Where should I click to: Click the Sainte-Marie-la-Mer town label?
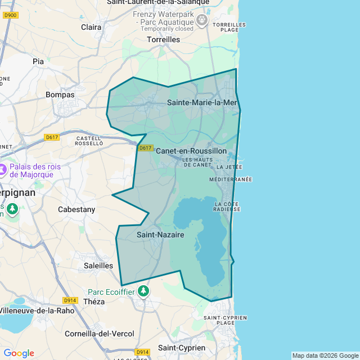tap(202, 102)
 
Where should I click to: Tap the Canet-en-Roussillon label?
tap(191, 151)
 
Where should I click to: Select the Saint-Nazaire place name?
tap(160, 235)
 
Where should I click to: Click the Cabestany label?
tap(76, 209)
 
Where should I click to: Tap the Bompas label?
tap(60, 94)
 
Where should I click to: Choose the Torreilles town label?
tap(163, 40)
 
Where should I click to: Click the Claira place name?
tap(91, 27)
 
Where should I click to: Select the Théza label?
tap(94, 301)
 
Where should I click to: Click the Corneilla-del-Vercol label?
tap(100, 334)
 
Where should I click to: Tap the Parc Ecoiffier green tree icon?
tap(145, 291)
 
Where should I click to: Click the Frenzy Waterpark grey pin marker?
tap(202, 21)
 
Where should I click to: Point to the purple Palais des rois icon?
tap(2, 168)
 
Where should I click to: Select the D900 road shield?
tap(10, 15)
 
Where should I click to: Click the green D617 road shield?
tap(145, 148)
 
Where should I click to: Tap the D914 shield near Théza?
tap(70, 300)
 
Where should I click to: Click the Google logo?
tap(19, 353)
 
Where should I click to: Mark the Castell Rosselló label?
tap(88, 141)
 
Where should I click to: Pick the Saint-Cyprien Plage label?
tap(225, 320)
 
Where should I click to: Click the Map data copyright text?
tap(325, 355)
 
